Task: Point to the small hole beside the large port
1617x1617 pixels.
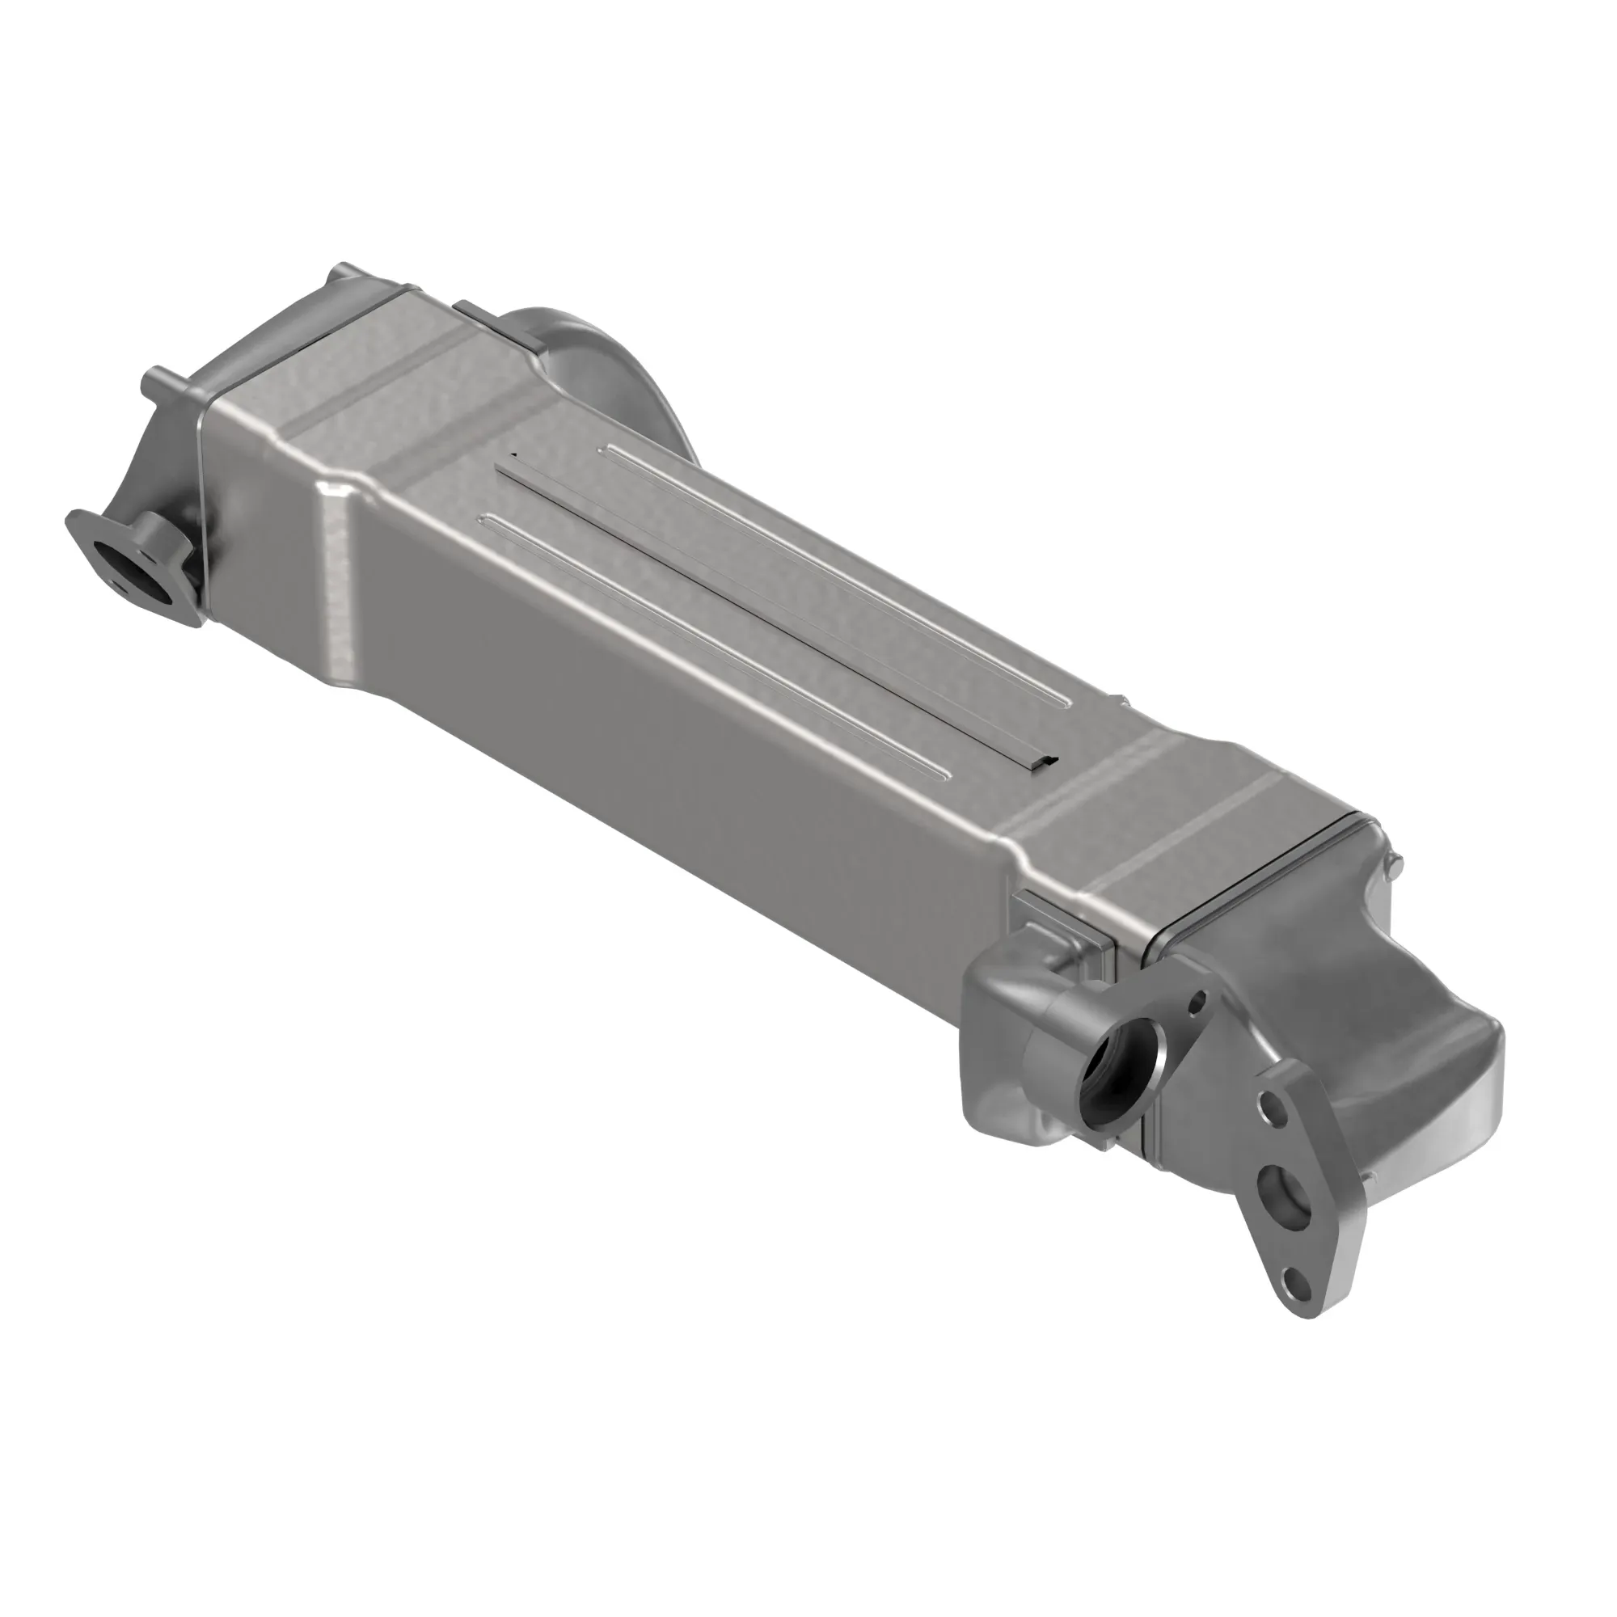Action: coord(1197,1000)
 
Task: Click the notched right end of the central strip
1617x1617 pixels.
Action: coord(1042,761)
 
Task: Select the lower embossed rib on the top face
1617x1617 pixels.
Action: coord(711,644)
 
